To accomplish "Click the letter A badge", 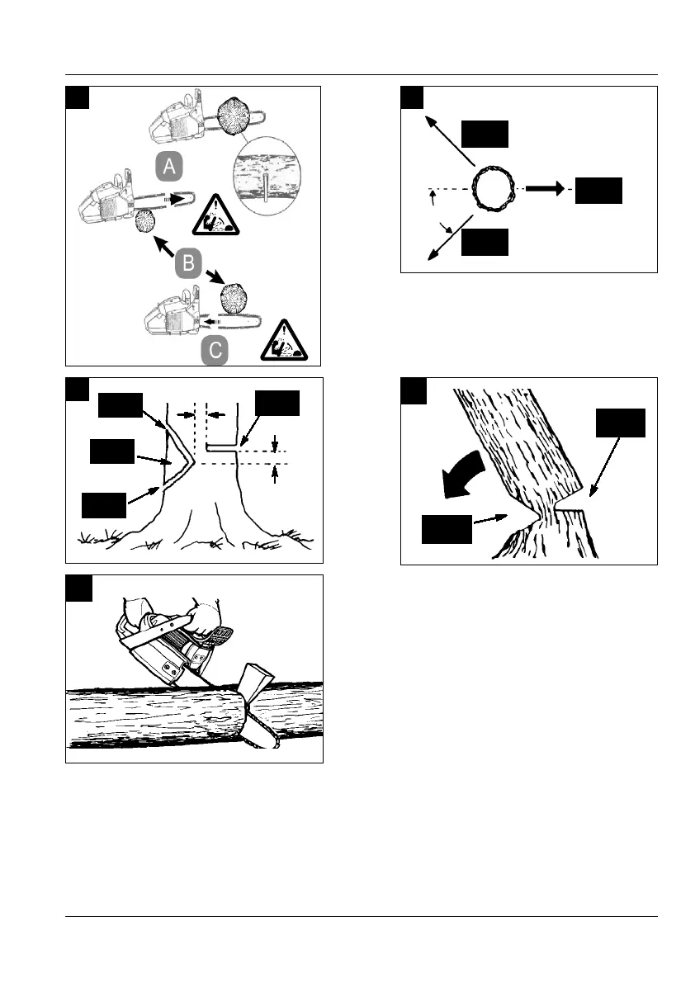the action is (x=169, y=166).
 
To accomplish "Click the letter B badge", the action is (x=189, y=263).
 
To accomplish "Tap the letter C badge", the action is (x=215, y=351).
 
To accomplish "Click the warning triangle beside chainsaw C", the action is (x=285, y=341).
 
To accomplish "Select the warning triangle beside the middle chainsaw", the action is (x=215, y=215).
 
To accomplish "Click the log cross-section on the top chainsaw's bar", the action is (x=233, y=117).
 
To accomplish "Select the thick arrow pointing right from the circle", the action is (x=545, y=188).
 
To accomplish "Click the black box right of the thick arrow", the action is (x=598, y=191).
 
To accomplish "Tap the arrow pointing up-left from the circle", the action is (x=449, y=140).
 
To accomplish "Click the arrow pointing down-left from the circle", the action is (x=450, y=237).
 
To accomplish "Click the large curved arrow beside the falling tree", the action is (x=462, y=475).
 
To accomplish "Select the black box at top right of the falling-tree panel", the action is (x=621, y=423).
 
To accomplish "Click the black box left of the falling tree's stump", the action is (x=447, y=529).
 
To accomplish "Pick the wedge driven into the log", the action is (x=257, y=683).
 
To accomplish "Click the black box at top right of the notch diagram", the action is (x=277, y=403).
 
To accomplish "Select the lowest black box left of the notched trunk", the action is (x=104, y=505).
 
